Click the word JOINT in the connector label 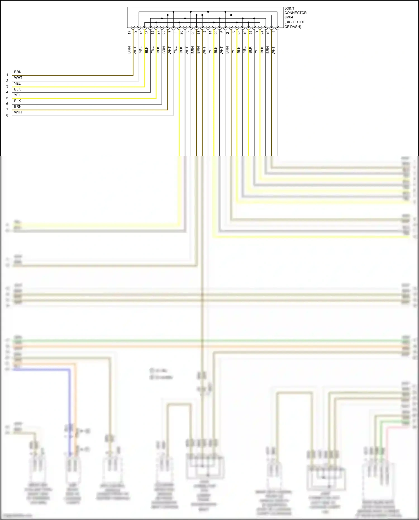(x=289, y=8)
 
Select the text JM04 (x=289, y=17)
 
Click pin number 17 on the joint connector (x=129, y=32)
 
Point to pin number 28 (x=147, y=32)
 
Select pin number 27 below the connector (x=158, y=32)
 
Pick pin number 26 (x=181, y=32)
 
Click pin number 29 (x=216, y=32)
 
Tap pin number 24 (x=262, y=32)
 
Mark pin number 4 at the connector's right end (x=274, y=31)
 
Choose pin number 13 (x=141, y=32)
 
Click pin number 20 (x=193, y=32)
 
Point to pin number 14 (x=210, y=32)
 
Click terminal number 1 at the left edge (x=7, y=75)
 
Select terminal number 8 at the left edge (x=7, y=115)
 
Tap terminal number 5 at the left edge (x=7, y=98)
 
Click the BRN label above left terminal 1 (x=18, y=72)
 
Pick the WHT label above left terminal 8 (x=18, y=112)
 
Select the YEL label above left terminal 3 (x=17, y=84)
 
